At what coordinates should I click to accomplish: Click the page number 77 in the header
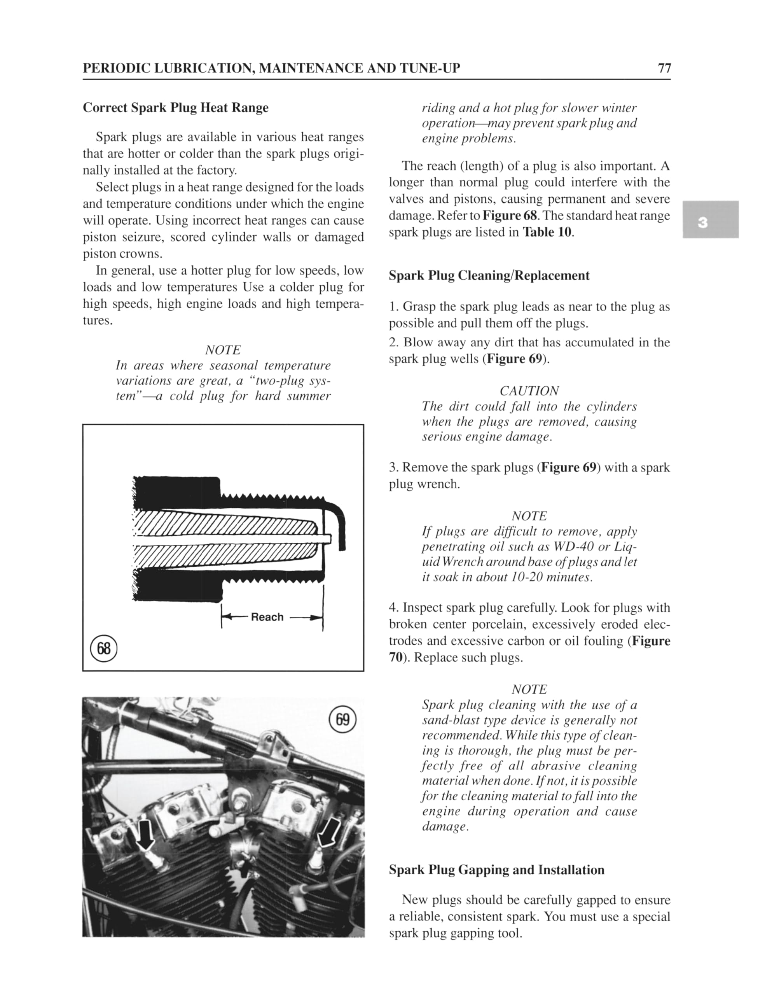point(664,68)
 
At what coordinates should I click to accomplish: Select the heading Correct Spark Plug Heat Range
point(175,108)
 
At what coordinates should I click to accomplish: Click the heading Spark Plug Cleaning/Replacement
point(489,275)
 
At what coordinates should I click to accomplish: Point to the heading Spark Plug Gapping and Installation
point(496,870)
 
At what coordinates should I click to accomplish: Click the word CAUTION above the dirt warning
point(529,391)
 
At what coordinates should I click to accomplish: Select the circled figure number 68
point(104,649)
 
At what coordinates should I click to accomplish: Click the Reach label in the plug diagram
point(267,617)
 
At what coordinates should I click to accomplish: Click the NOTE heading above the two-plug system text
point(222,350)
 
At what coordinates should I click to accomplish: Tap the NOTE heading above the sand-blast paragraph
point(529,689)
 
